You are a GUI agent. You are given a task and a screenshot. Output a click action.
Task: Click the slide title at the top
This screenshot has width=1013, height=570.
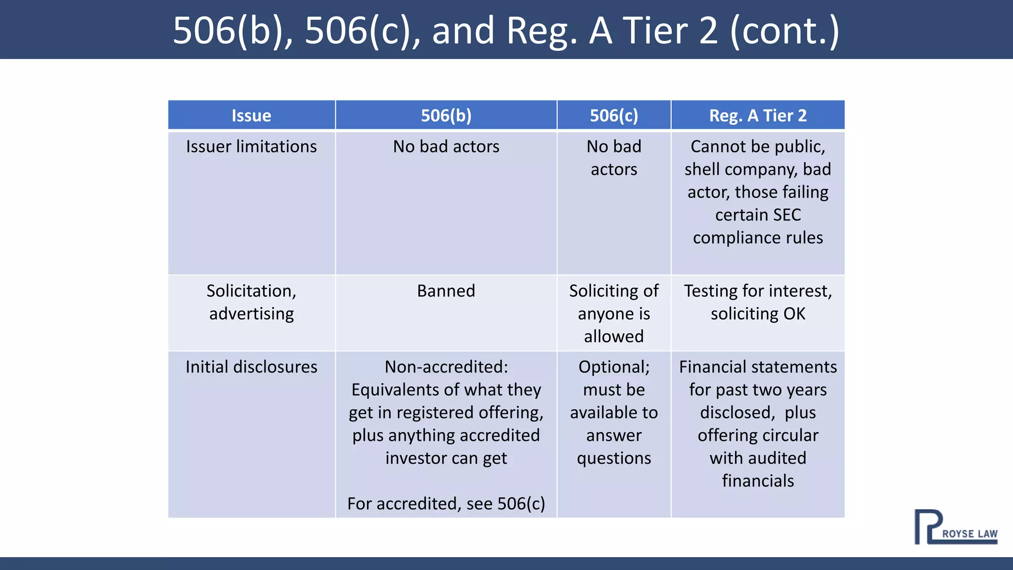(506, 30)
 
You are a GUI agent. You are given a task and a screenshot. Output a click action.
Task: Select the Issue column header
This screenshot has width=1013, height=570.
(251, 115)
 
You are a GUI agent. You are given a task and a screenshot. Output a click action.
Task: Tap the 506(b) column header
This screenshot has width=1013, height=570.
(446, 115)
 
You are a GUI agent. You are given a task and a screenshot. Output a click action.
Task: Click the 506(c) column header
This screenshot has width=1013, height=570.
(614, 115)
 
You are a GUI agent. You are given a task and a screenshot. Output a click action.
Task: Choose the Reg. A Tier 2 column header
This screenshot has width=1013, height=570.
(758, 115)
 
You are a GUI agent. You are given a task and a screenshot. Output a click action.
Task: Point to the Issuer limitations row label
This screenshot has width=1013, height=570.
(251, 146)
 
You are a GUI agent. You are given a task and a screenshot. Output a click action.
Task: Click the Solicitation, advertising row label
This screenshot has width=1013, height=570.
(251, 302)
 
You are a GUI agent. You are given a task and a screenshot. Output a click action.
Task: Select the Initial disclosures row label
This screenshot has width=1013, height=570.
(251, 367)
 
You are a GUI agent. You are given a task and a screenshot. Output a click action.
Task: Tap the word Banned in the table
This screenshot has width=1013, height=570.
(446, 290)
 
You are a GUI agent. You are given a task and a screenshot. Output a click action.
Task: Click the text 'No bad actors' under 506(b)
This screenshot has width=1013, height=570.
(446, 146)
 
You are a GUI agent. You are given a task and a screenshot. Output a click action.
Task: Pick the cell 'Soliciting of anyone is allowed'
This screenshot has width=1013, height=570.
(614, 313)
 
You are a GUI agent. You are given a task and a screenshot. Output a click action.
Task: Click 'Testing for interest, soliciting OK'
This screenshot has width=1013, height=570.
(758, 302)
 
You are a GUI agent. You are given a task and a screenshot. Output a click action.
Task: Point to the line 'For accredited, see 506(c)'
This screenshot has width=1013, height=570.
(446, 503)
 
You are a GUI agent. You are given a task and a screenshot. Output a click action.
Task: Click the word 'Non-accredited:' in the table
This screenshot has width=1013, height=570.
(446, 367)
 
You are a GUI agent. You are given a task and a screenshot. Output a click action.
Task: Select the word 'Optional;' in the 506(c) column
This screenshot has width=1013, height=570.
(614, 367)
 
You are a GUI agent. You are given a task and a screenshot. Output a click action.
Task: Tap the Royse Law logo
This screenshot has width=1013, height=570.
(956, 527)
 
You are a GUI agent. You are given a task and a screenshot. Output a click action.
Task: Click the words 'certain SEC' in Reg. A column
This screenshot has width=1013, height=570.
(758, 215)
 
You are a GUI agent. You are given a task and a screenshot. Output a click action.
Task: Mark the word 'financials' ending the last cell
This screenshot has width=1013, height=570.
(758, 480)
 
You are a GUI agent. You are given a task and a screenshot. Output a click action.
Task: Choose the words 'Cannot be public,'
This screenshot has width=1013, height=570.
(758, 146)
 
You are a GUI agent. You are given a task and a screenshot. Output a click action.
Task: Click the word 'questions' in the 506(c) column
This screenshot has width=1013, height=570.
(614, 458)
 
